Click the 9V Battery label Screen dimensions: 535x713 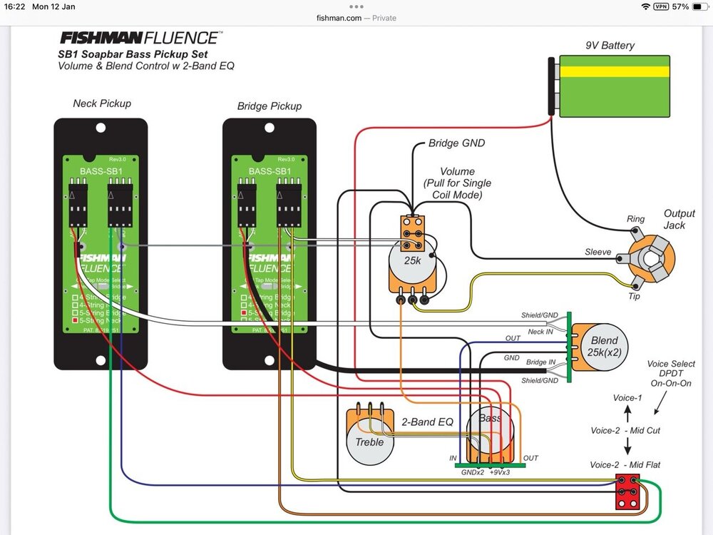click(x=610, y=46)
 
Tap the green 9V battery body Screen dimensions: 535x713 click(x=614, y=88)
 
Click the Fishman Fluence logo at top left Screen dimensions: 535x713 click(x=140, y=38)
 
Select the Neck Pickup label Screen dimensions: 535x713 click(x=102, y=103)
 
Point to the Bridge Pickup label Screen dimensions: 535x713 click(x=269, y=106)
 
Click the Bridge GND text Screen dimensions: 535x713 click(x=456, y=143)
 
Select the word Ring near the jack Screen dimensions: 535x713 click(x=635, y=219)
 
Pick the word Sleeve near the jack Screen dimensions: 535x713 click(x=597, y=252)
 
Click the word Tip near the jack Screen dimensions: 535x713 click(x=634, y=296)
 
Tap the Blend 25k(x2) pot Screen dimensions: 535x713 click(x=604, y=347)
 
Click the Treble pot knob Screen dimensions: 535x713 click(x=369, y=442)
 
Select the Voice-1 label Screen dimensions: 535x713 click(x=627, y=397)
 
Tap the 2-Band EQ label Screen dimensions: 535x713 click(x=428, y=422)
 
